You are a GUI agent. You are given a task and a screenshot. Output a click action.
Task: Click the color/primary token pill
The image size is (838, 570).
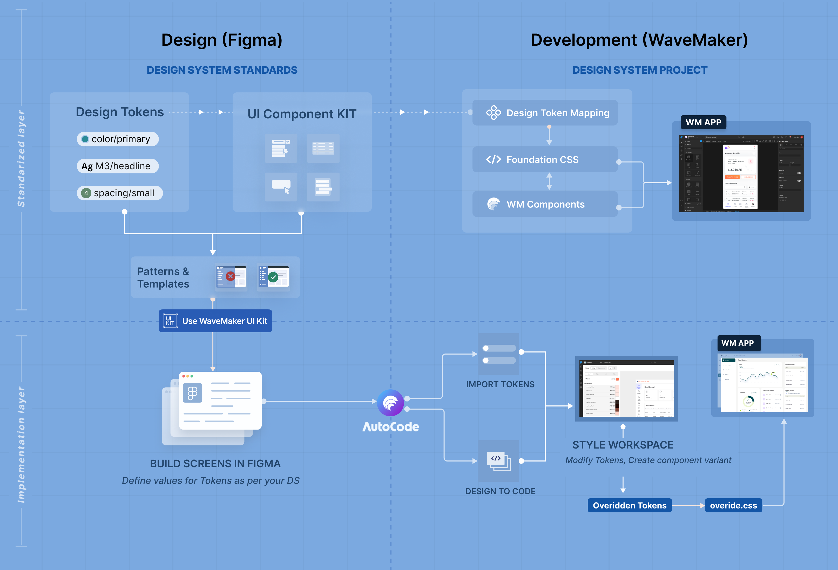pyautogui.click(x=118, y=139)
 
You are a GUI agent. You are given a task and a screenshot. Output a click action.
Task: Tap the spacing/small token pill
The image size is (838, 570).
pyautogui.click(x=120, y=193)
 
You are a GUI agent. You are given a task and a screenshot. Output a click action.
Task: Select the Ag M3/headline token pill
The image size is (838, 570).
pyautogui.click(x=118, y=166)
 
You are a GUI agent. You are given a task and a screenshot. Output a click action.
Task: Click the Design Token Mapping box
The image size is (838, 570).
pyautogui.click(x=545, y=113)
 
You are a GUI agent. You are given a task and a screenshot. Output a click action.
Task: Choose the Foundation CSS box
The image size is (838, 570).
pyautogui.click(x=545, y=159)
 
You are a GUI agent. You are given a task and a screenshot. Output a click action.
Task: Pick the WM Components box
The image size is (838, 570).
pyautogui.click(x=545, y=204)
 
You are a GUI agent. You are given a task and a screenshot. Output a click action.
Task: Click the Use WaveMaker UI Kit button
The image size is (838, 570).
pyautogui.click(x=215, y=321)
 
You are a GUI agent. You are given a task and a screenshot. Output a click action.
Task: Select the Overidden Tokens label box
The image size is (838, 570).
pyautogui.click(x=629, y=505)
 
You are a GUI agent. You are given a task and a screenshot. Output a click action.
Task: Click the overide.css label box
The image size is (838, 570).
pyautogui.click(x=733, y=505)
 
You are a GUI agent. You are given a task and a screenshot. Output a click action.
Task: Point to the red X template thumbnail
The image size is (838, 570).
pyautogui.click(x=231, y=276)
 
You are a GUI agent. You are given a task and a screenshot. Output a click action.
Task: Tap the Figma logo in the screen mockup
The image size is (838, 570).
pyautogui.click(x=193, y=393)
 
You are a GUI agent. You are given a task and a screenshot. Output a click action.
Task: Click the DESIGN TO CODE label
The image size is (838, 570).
pyautogui.click(x=500, y=491)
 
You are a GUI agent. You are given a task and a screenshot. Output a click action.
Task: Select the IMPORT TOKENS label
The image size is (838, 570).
pyautogui.click(x=500, y=384)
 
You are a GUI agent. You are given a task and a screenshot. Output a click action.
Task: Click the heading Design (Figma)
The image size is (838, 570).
pyautogui.click(x=222, y=40)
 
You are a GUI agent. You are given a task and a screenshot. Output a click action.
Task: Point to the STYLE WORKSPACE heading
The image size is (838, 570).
pyautogui.click(x=623, y=445)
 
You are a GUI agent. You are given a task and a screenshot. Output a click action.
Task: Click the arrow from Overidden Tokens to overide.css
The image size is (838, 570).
pyautogui.click(x=688, y=505)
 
